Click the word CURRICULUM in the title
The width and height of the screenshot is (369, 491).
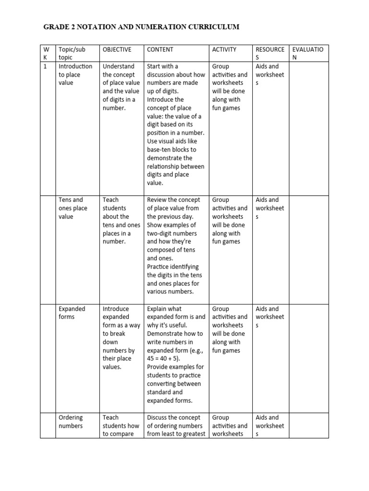(x=215, y=27)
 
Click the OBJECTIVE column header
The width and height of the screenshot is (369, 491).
(x=117, y=49)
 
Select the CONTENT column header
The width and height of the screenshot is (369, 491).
(x=160, y=49)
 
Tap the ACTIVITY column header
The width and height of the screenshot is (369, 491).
(x=224, y=49)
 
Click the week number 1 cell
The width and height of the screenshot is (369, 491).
(x=45, y=67)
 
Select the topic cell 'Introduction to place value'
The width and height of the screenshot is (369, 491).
(x=75, y=75)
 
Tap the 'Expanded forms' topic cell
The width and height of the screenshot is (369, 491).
(x=72, y=313)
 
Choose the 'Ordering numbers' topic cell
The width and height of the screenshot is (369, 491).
(x=71, y=421)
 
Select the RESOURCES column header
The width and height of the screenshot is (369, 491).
(x=270, y=53)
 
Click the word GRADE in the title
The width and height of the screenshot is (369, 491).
(x=56, y=27)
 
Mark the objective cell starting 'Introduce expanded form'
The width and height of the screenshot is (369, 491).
(x=121, y=338)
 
